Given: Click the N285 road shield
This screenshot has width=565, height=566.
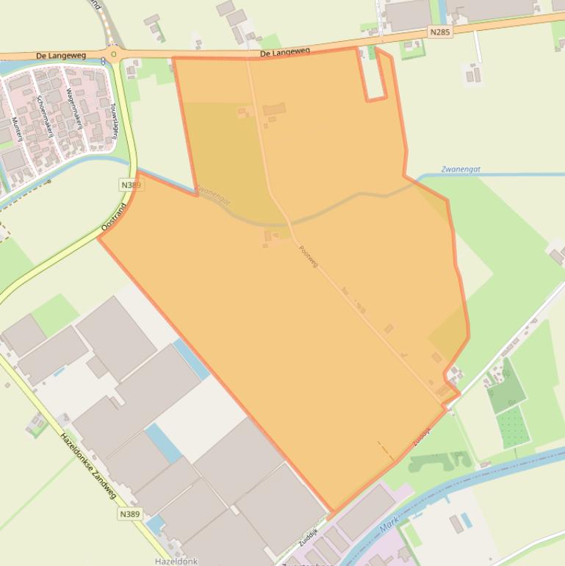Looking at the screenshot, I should [x=440, y=32].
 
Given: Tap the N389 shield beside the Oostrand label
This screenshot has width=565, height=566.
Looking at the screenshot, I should [x=129, y=185].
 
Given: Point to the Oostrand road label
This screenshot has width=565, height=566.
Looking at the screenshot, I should [x=114, y=218].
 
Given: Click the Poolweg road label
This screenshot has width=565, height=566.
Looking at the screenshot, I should [x=309, y=256].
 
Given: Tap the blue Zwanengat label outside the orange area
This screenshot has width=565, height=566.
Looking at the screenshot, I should [x=461, y=169].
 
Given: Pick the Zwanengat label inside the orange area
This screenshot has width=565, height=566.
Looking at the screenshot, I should [x=214, y=195].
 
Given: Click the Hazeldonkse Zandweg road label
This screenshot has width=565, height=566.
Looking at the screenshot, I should [x=88, y=465].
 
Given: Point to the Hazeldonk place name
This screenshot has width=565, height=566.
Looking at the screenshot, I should [x=176, y=561].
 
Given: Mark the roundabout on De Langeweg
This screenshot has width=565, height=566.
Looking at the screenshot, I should [x=112, y=54].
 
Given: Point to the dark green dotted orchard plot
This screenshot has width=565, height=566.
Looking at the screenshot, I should [x=512, y=426].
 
